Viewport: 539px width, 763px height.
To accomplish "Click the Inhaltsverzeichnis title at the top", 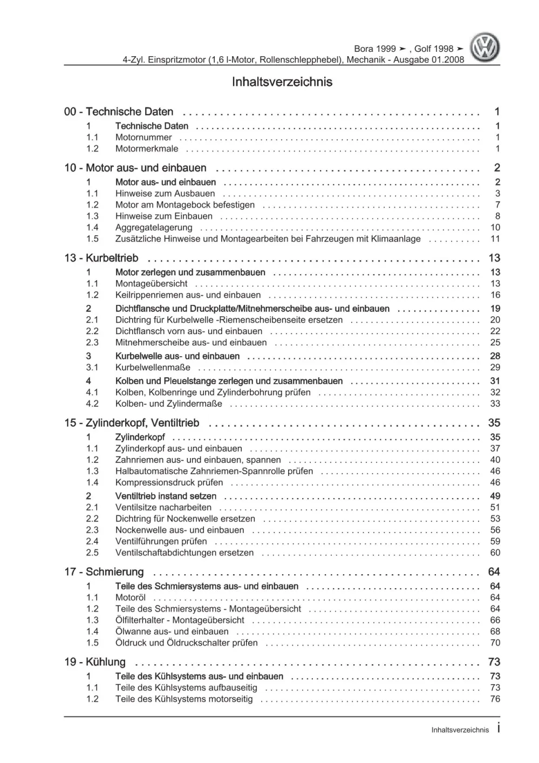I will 282,83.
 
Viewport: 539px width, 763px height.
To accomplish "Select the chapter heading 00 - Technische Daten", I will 119,112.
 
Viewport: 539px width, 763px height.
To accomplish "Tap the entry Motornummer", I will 144,138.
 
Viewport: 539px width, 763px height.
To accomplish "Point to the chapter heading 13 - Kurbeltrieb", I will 101,258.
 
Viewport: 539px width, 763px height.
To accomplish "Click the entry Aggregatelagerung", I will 154,228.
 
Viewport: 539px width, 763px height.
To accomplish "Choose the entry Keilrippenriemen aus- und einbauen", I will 188,295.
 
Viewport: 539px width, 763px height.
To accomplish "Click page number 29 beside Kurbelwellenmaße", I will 495,367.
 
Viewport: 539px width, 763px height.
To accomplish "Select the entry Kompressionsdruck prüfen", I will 169,482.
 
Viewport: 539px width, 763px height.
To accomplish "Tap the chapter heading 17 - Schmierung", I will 104,572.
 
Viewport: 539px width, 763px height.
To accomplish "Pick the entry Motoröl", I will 131,597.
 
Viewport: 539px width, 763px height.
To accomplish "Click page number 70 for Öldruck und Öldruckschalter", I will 495,643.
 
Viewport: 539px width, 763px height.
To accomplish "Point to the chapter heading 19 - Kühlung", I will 95,662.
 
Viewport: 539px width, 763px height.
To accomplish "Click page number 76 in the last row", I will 495,699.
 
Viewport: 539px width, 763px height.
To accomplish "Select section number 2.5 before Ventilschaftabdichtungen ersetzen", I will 92,553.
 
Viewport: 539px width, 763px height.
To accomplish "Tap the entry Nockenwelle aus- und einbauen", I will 180,530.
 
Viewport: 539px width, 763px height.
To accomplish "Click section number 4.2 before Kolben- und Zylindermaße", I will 92,404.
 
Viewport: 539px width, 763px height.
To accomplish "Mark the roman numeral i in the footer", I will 498,728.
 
